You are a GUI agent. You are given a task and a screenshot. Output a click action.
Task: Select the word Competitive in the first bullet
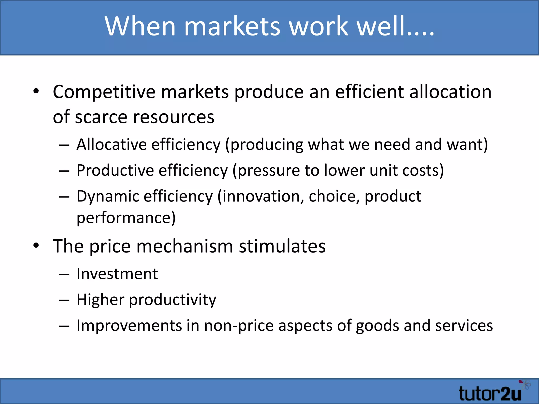[x=104, y=92]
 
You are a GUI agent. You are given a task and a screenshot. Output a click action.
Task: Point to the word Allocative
[x=111, y=145]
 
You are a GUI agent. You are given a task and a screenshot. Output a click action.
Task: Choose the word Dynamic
[x=107, y=196]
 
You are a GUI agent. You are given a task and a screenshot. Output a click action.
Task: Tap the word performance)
[x=126, y=218]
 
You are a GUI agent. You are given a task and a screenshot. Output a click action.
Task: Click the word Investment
[x=117, y=274]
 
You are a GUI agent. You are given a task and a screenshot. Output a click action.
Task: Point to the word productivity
[x=172, y=300]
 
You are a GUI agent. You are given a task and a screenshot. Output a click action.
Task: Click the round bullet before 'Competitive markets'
[x=36, y=92]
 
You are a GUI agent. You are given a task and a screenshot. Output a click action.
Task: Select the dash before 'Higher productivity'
[x=64, y=300]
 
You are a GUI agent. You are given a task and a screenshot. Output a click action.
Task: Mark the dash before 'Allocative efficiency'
[x=64, y=145]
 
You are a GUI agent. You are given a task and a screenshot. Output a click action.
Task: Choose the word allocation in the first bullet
[x=450, y=92]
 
